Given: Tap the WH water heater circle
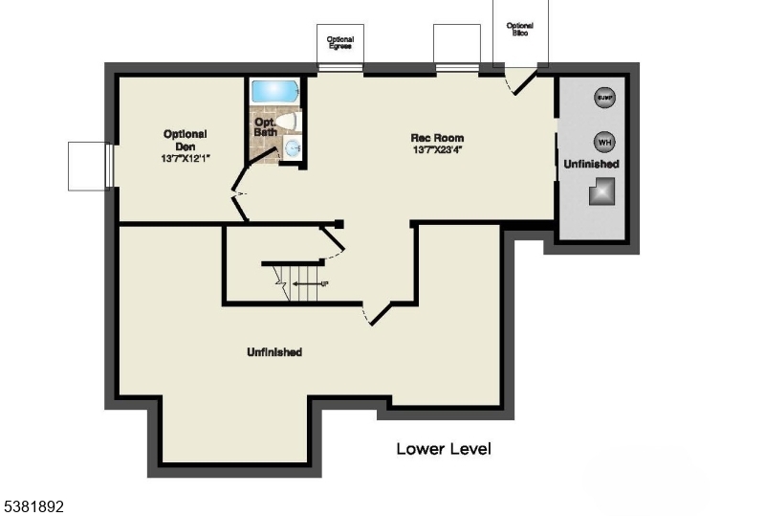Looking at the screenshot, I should point(604,142).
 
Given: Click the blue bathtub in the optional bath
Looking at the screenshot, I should point(274,92).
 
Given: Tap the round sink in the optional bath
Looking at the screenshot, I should point(294,148).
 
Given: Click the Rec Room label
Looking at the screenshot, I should point(438,138).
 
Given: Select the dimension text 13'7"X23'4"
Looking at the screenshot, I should point(438,150).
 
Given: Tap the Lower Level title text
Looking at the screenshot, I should point(444,448).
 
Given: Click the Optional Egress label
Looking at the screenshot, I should point(340,42).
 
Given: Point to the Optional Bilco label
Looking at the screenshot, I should point(519,29).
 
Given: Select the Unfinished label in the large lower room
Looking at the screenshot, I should point(274,352).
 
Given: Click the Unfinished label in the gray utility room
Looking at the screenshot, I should point(591,165).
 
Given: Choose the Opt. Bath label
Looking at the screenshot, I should point(266,126).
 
